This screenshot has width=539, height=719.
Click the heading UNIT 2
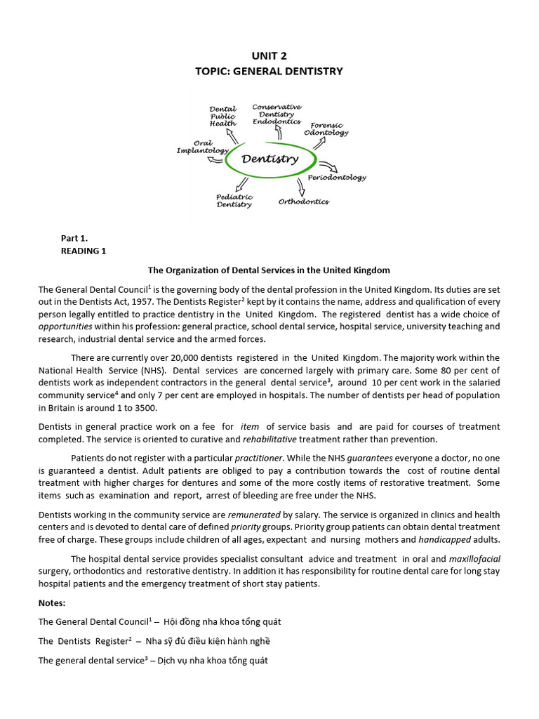tap(269, 55)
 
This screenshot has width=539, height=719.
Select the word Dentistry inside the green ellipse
tap(269, 159)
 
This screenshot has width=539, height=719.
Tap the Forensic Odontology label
tap(326, 128)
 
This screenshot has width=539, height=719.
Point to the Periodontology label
tap(337, 178)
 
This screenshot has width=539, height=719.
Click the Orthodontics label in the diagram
tap(303, 202)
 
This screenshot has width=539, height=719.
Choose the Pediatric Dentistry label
tap(234, 201)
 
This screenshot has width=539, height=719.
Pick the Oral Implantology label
tap(202, 147)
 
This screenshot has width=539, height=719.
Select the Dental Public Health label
tap(223, 116)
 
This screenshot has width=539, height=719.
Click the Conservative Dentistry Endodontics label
tap(277, 114)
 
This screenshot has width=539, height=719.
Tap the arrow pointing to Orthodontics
tap(300, 187)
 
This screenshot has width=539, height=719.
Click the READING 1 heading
tap(83, 251)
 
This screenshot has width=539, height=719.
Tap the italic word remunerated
tap(253, 515)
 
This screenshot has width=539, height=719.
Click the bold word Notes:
tap(53, 602)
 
